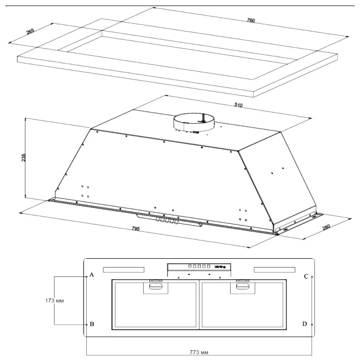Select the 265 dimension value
click(30, 32)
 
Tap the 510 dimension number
click(238, 104)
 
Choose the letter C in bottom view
click(306, 276)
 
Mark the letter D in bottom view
click(306, 324)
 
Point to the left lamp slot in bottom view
click(123, 270)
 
